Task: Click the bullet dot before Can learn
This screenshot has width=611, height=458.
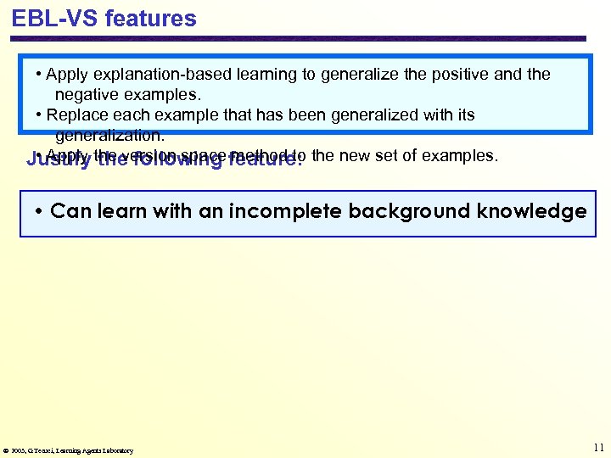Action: point(41,212)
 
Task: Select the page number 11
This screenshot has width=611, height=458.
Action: point(599,447)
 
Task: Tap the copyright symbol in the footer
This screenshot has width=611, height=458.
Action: point(6,450)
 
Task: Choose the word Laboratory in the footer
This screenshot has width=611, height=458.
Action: point(117,450)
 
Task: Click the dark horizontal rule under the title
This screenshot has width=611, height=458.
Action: point(297,38)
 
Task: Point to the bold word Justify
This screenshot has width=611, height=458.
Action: point(59,159)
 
